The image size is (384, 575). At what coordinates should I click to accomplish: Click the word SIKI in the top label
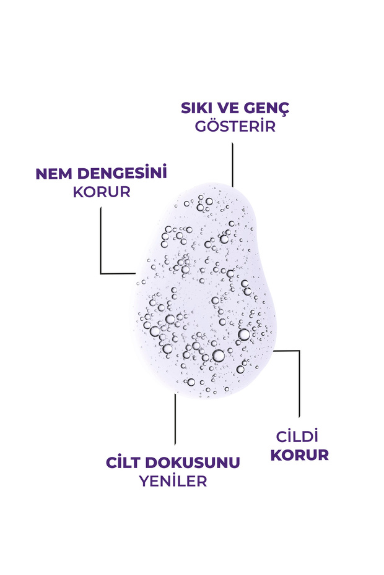tap(197, 108)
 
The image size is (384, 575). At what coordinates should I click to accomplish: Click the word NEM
tap(54, 174)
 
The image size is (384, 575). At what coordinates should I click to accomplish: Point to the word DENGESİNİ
tap(122, 172)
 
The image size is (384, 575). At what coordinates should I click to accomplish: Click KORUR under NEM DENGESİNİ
tap(102, 192)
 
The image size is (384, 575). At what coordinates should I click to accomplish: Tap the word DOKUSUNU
tap(193, 462)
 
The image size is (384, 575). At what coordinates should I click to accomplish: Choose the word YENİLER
tap(173, 481)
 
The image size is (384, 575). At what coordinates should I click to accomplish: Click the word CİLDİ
tap(297, 437)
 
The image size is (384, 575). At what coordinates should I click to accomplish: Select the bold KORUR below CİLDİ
tap(300, 455)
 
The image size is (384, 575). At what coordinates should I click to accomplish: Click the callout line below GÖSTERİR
tap(232, 165)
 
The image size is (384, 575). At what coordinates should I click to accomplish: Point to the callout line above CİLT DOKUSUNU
tap(175, 420)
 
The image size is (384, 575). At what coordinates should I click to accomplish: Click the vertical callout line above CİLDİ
tap(299, 384)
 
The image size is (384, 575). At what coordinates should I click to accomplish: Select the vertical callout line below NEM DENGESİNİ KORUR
tap(101, 241)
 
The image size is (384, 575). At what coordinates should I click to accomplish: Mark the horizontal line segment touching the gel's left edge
tap(118, 273)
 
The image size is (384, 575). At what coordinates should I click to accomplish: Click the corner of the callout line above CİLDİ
tap(299, 351)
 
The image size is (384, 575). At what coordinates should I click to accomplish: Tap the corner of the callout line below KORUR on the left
tap(101, 273)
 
